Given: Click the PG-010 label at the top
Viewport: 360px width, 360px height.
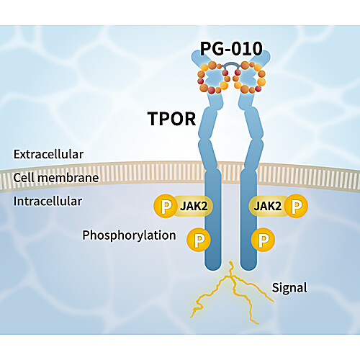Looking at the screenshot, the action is click(x=231, y=49).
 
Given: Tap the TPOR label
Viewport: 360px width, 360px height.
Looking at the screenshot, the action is click(x=171, y=119).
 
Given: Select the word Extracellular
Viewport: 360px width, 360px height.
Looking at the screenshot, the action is click(x=48, y=154).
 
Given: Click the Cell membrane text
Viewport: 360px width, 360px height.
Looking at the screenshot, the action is click(x=56, y=178).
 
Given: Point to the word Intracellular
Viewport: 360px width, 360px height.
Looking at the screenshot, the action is click(x=48, y=201).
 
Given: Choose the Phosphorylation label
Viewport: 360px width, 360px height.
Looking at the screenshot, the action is click(x=129, y=235).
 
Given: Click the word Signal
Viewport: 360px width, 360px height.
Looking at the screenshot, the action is click(x=289, y=288).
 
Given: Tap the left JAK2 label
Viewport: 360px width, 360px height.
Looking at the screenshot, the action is click(x=194, y=206).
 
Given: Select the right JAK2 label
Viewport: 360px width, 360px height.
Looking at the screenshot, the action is click(x=267, y=206).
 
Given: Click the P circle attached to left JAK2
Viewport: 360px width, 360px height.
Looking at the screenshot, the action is click(x=166, y=206).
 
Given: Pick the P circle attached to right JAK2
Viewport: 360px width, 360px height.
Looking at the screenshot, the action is click(x=296, y=206).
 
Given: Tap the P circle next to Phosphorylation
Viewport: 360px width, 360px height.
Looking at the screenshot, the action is click(x=199, y=240).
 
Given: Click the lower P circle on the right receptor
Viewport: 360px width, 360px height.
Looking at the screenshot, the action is click(x=263, y=240).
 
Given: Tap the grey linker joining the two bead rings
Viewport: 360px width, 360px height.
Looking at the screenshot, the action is click(x=231, y=63).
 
